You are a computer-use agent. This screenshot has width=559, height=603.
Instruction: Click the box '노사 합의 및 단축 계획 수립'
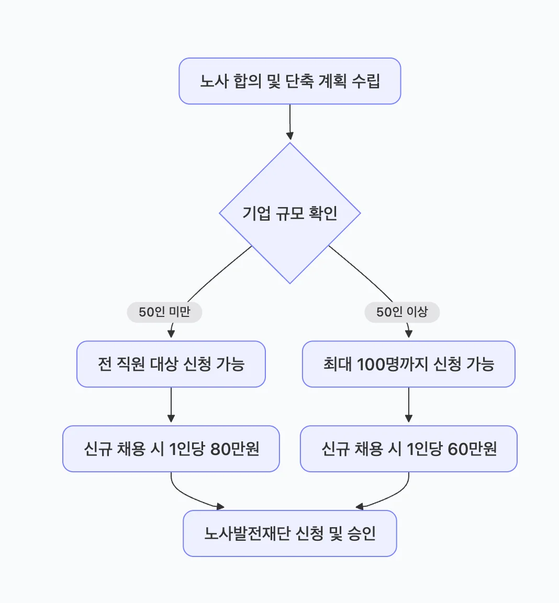(289, 81)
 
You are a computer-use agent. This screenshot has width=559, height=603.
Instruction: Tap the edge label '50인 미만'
(164, 312)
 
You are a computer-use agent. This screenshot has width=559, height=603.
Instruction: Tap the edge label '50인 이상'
(402, 312)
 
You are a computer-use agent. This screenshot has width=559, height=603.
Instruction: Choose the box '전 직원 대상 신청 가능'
(171, 364)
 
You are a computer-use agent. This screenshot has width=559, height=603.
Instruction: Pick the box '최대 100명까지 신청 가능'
(408, 364)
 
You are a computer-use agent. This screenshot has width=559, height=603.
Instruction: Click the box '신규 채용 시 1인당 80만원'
(171, 449)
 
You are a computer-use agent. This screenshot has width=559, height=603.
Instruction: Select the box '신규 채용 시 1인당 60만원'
(408, 449)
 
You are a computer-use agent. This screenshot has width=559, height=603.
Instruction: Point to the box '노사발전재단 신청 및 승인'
(289, 533)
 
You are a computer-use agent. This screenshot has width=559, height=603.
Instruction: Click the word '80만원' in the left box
(235, 449)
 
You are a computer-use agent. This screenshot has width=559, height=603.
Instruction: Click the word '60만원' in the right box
(472, 449)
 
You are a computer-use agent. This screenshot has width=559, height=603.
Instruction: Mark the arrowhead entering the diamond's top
(290, 136)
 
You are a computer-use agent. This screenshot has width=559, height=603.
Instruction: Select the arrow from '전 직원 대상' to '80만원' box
(171, 405)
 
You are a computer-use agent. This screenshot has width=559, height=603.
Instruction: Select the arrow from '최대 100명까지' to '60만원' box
(409, 405)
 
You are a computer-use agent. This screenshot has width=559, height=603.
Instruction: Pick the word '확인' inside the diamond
(323, 213)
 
